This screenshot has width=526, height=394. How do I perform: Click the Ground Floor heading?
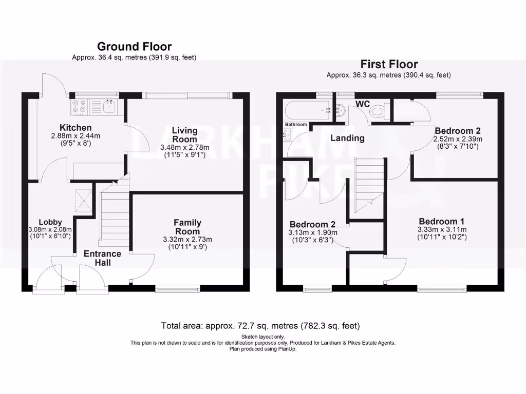click(134, 47)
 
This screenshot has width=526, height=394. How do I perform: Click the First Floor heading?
click(389, 64)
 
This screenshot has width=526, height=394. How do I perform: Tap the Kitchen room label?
click(76, 128)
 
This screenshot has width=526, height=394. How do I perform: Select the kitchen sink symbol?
click(108, 107)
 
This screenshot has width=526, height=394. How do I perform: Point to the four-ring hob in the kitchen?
click(79, 106)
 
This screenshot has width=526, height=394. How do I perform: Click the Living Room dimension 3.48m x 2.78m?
click(184, 147)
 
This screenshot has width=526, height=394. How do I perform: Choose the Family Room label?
click(187, 227)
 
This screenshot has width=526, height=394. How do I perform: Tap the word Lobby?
click(50, 222)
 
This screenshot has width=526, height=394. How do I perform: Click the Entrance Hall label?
click(102, 258)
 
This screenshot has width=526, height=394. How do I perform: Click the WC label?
click(363, 104)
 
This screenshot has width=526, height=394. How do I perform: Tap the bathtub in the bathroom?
click(307, 109)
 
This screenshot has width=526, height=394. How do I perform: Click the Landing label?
click(347, 138)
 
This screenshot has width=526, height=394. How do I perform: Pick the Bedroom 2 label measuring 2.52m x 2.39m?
click(457, 130)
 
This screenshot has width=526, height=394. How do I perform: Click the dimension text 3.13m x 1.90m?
click(313, 232)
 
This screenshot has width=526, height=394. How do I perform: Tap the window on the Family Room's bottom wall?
click(178, 289)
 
